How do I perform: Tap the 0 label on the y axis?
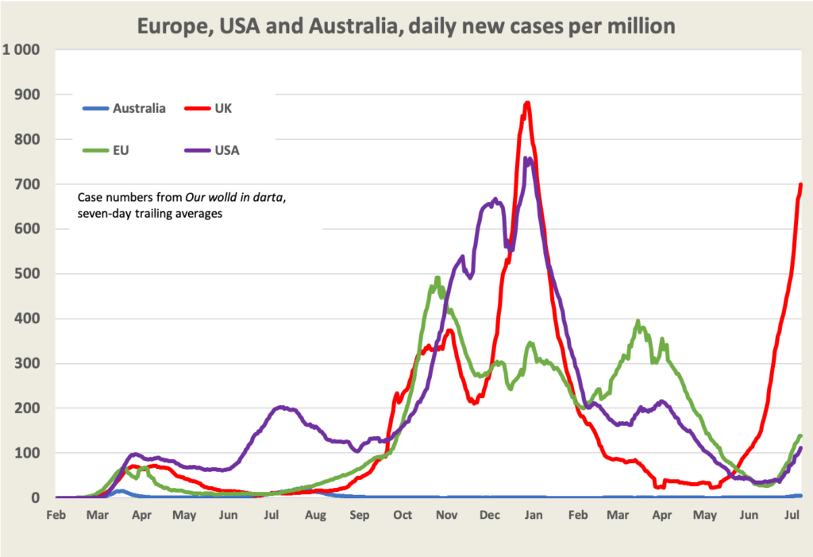pyautogui.click(x=37, y=498)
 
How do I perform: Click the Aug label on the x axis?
pyautogui.click(x=315, y=516)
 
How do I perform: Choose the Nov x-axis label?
pyautogui.click(x=446, y=516)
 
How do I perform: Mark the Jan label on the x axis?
pyautogui.click(x=533, y=516)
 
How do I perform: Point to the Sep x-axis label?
pyautogui.click(x=360, y=516)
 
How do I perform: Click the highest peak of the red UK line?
pyautogui.click(x=527, y=103)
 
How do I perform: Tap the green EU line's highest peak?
pyautogui.click(x=437, y=277)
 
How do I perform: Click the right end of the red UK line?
pyautogui.click(x=800, y=184)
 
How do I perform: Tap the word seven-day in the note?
pyautogui.click(x=105, y=213)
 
